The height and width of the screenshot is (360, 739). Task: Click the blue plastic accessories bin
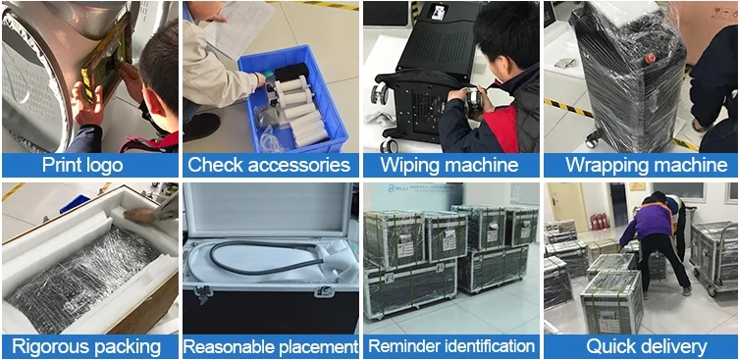pyautogui.click(x=292, y=100)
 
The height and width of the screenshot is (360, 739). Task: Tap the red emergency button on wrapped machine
pyautogui.click(x=651, y=59)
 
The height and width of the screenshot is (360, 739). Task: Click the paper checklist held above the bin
pyautogui.click(x=238, y=26)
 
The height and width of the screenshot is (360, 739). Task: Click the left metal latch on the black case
pyautogui.click(x=202, y=293)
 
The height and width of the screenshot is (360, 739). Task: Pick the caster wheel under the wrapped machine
pyautogui.click(x=593, y=140)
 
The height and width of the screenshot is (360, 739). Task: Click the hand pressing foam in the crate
pyautogui.click(x=140, y=216)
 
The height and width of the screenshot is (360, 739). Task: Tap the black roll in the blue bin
pyautogui.click(x=291, y=72)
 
